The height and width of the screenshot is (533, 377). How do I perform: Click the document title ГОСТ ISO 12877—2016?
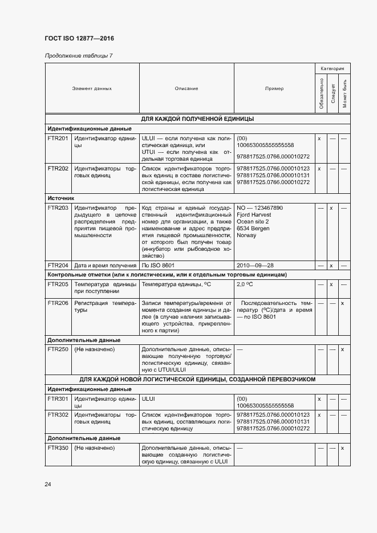coord(79,39)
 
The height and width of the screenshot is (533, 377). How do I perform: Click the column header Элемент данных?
coord(92,88)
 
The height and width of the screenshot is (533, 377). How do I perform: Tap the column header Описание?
coord(187,88)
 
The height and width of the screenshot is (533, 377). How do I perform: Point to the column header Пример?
coord(274,88)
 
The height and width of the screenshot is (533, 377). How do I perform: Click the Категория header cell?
coord(332,68)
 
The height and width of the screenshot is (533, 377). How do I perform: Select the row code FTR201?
coord(58,139)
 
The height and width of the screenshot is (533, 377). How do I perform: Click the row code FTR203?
coord(58,208)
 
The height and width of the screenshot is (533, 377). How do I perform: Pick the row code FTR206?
coord(58,303)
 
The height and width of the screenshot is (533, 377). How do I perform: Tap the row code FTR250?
coord(58,349)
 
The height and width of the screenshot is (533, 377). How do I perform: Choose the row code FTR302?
coord(58,414)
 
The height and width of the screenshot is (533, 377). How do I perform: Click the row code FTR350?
coord(58,448)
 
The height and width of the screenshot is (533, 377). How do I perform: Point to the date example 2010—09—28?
coord(256,265)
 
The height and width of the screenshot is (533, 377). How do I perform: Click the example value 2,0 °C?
coord(245,284)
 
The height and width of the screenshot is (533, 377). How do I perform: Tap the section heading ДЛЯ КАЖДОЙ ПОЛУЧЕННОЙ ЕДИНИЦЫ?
coord(197,119)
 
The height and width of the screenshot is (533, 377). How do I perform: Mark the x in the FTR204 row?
coord(331,265)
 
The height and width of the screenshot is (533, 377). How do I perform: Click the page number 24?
coord(48,485)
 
